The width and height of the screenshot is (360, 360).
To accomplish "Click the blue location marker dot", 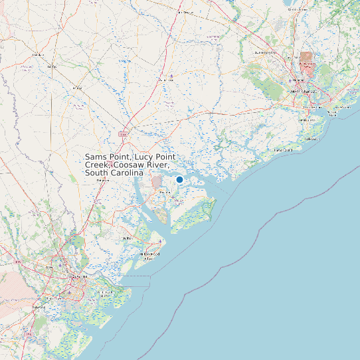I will pos(179,179).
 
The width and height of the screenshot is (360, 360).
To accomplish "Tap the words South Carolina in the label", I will pos(114,173).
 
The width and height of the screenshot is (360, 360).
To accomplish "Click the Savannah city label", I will pos(80,276).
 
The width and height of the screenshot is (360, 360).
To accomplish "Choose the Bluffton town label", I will pos(126,238).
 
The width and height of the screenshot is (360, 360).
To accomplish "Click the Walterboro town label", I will pos(166,80).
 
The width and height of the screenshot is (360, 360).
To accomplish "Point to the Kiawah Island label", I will pos(284,150).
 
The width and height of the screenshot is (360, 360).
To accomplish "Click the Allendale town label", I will pos(38,54).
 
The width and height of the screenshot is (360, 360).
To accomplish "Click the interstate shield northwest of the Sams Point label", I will pos(123,134).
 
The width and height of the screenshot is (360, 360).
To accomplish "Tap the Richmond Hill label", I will pos(39,308).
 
